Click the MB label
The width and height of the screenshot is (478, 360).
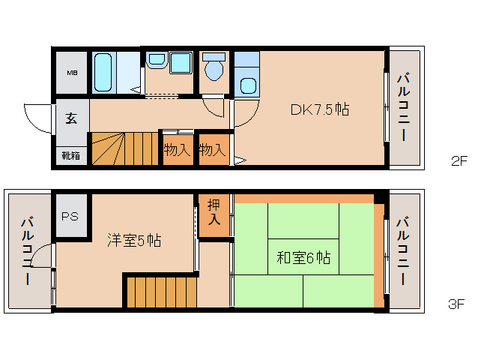(x=72, y=73)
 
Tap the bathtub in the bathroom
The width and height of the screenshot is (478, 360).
(x=103, y=73)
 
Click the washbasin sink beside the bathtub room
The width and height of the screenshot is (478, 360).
(x=157, y=60)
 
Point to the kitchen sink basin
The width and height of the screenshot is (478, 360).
(x=248, y=85)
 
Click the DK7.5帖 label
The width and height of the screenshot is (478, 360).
(x=320, y=109)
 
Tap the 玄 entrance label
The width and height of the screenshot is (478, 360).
(x=71, y=118)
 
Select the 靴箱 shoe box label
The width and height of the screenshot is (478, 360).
(x=71, y=155)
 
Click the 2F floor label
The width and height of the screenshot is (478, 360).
(x=459, y=160)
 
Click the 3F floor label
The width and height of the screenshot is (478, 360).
(x=456, y=304)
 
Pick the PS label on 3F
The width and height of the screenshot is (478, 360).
(x=70, y=216)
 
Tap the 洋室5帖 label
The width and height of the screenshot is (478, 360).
(x=134, y=240)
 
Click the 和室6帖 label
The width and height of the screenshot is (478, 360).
(x=303, y=257)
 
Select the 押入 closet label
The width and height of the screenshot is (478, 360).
(x=214, y=211)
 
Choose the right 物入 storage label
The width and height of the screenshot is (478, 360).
(x=213, y=150)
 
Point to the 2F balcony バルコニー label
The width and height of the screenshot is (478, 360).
(x=403, y=106)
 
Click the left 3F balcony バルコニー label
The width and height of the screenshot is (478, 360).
(x=28, y=250)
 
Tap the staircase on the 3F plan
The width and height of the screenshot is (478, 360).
(x=162, y=292)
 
